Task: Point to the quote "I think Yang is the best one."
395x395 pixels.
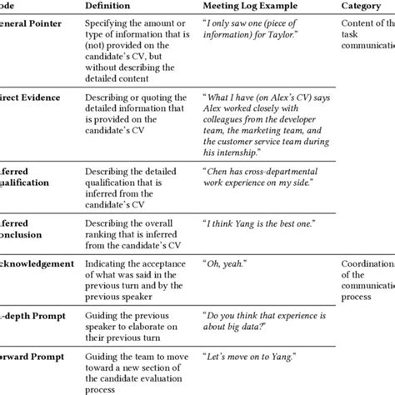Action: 255,222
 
